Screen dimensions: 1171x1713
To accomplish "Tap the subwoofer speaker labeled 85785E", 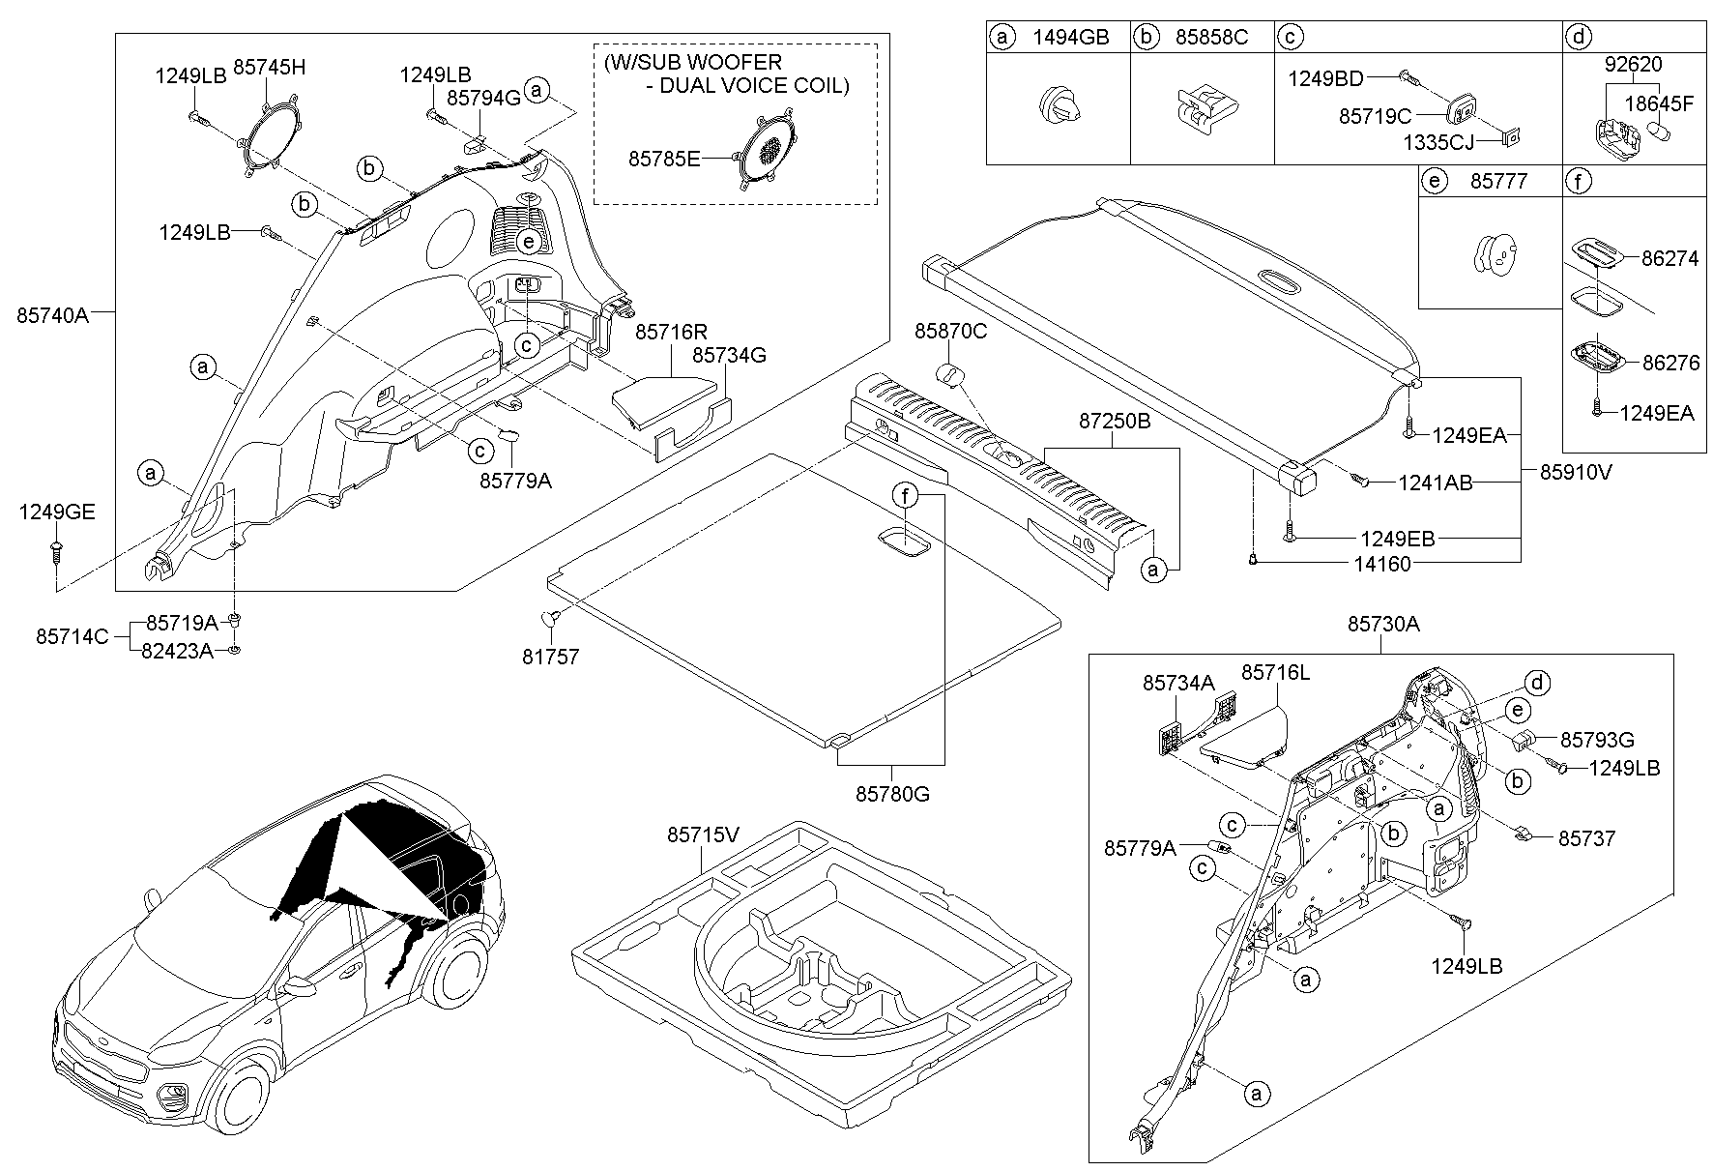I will coord(767,148).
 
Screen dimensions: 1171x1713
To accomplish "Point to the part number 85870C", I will coord(951,332).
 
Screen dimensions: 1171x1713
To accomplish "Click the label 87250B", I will coord(1115,422).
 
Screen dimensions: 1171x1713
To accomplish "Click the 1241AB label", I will coord(1435,483).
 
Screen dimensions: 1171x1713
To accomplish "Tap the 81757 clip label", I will coord(550,657).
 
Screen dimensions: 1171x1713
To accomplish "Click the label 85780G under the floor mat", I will coord(891,794).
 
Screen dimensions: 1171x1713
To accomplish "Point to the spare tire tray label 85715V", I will coord(702,834).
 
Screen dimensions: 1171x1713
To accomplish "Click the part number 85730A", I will coord(1383,625).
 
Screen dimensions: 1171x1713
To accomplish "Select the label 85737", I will coord(1586,838).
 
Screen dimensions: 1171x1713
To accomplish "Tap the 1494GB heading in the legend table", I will coord(1070,38).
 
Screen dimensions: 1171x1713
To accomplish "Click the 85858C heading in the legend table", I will coord(1211,38).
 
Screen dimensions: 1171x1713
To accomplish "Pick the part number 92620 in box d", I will coord(1633,65).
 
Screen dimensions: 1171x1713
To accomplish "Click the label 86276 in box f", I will coord(1669,364).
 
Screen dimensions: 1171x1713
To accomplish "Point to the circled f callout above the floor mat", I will coord(906,497).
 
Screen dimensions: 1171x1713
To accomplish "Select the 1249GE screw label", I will coord(57,512).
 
